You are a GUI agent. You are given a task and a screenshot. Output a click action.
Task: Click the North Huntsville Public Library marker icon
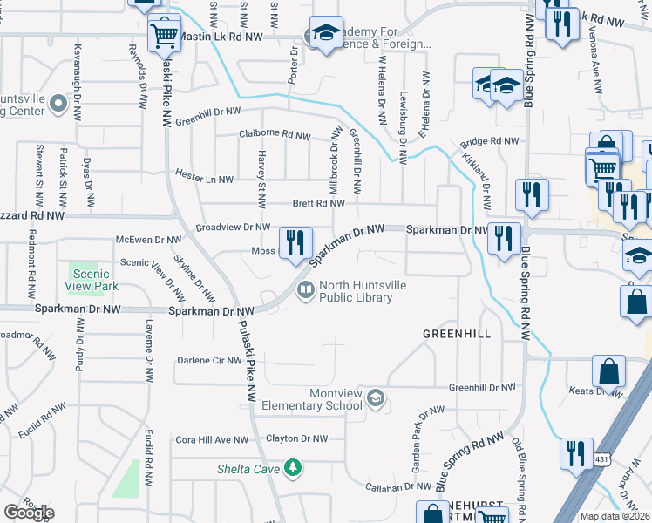point(305,290)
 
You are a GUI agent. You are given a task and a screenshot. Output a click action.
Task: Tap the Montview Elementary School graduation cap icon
point(375,399)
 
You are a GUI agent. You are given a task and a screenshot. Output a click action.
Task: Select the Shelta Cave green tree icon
point(294,468)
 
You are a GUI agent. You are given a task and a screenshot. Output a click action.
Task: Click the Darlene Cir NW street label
point(209,360)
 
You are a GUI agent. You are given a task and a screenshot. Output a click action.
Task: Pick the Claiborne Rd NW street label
point(275,135)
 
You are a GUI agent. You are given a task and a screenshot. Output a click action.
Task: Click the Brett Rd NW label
point(318,203)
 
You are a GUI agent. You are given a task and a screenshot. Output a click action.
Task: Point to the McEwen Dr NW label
point(149,239)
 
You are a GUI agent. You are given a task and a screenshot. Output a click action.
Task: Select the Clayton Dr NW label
point(296,439)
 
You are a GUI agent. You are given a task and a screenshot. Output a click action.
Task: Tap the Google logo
point(29,513)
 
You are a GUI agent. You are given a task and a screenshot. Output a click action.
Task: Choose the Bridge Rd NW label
point(490,140)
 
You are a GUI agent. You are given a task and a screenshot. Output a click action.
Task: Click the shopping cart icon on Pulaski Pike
point(163,35)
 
